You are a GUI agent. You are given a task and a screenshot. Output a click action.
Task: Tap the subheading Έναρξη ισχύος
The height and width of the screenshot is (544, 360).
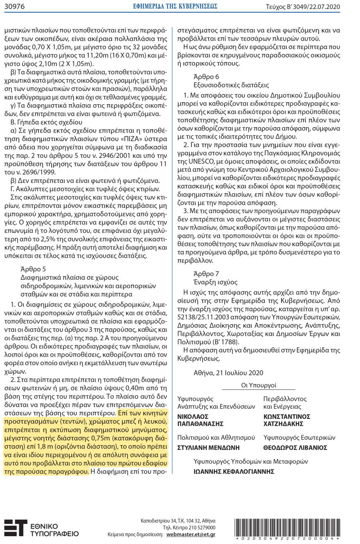(x=215, y=282)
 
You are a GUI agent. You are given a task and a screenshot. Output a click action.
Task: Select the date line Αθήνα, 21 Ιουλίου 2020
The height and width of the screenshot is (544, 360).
(x=228, y=373)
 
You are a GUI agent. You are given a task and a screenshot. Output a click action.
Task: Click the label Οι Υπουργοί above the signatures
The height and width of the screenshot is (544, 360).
(x=259, y=385)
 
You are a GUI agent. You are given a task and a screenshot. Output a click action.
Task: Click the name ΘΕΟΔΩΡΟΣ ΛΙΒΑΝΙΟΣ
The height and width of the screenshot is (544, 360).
(x=295, y=447)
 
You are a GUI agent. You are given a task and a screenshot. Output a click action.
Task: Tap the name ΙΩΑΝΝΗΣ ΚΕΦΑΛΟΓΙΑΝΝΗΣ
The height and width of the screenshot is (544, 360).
(x=234, y=471)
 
